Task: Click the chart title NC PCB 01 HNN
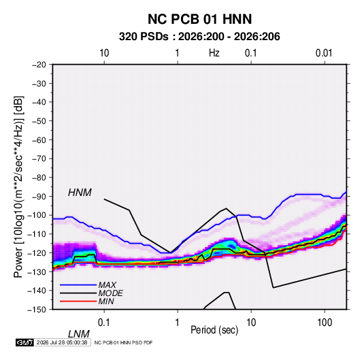(199, 19)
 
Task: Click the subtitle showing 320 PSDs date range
(199, 37)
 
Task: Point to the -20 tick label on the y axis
(39, 65)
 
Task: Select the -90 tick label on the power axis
(39, 196)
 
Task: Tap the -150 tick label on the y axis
(37, 310)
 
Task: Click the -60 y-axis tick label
(39, 140)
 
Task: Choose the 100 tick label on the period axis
(325, 323)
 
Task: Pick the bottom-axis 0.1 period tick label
(104, 323)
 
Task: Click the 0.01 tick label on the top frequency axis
(324, 53)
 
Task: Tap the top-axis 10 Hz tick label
(104, 53)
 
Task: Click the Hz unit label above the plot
(214, 53)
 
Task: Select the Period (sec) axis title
(214, 330)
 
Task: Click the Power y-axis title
(18, 186)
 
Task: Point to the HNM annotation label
(80, 193)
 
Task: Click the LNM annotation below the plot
(78, 334)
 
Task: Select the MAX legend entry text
(107, 285)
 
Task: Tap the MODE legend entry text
(110, 293)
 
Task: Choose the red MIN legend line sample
(78, 301)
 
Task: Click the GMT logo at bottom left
(25, 342)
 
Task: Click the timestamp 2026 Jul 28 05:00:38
(62, 342)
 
